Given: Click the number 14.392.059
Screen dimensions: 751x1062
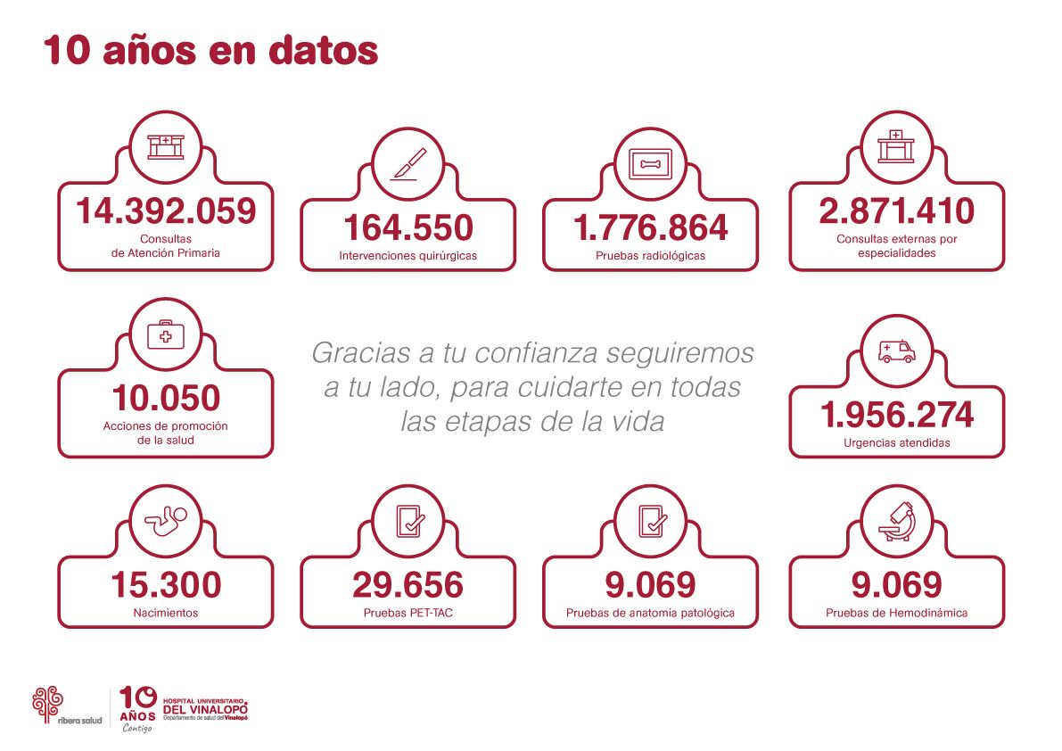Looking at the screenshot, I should [x=165, y=211].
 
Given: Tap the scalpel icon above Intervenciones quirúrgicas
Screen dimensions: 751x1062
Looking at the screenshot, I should [x=408, y=164].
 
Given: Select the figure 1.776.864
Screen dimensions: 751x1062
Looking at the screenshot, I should [x=650, y=228].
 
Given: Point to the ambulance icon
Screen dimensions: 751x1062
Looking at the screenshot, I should [x=896, y=351].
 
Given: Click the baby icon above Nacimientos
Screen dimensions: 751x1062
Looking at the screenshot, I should [x=165, y=522].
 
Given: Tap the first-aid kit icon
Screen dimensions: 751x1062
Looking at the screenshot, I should [x=165, y=335].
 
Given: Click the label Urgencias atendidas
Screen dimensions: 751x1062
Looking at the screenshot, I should [x=896, y=442].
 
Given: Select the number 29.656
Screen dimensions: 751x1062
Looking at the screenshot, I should [x=408, y=585].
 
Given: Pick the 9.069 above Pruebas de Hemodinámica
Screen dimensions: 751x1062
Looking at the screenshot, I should [x=896, y=585].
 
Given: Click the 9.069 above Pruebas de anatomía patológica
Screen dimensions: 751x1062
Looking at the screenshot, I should [x=650, y=585].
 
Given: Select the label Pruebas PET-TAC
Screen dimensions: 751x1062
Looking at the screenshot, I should [x=408, y=613].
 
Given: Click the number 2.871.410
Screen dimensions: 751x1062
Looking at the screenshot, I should [x=896, y=211].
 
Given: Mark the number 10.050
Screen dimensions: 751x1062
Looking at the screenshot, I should [x=165, y=399].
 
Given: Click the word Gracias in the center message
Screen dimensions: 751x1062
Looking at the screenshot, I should [x=354, y=353].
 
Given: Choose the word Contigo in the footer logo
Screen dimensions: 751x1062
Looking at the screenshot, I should [x=137, y=727].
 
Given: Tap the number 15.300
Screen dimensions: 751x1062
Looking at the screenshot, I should [x=165, y=585].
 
